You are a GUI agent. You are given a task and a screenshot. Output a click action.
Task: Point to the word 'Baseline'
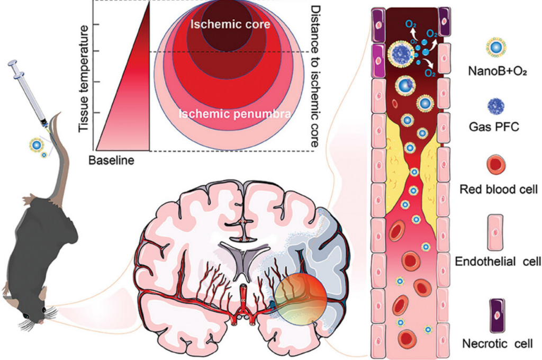[112, 160]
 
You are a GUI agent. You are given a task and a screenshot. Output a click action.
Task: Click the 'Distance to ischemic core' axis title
[316, 77]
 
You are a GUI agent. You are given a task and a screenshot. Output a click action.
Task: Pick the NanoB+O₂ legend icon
[496, 48]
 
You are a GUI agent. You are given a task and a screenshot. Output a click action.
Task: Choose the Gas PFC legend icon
[496, 106]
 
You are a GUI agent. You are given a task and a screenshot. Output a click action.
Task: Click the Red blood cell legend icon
[496, 166]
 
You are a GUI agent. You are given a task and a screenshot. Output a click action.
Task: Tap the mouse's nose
[42, 321]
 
